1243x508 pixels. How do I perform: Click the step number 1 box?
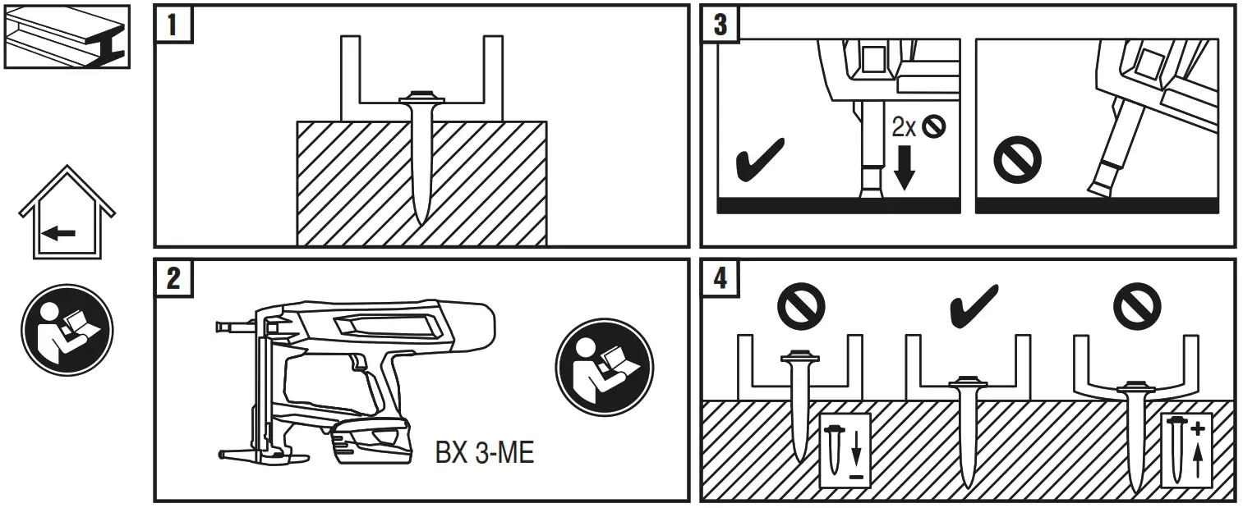click(x=173, y=24)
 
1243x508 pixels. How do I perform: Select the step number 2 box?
click(x=173, y=277)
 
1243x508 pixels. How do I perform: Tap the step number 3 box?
click(x=720, y=24)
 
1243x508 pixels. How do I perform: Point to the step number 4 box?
click(x=720, y=277)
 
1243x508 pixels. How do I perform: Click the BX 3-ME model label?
click(x=485, y=452)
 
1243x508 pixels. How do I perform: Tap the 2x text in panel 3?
click(x=905, y=128)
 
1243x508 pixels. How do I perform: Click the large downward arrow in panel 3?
click(x=904, y=167)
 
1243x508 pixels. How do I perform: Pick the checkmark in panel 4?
click(x=974, y=305)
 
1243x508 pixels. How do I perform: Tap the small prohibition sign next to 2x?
click(x=935, y=126)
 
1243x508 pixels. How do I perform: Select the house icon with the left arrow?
click(x=67, y=214)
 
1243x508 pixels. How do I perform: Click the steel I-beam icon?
click(x=67, y=36)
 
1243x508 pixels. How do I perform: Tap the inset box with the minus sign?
click(x=844, y=447)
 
